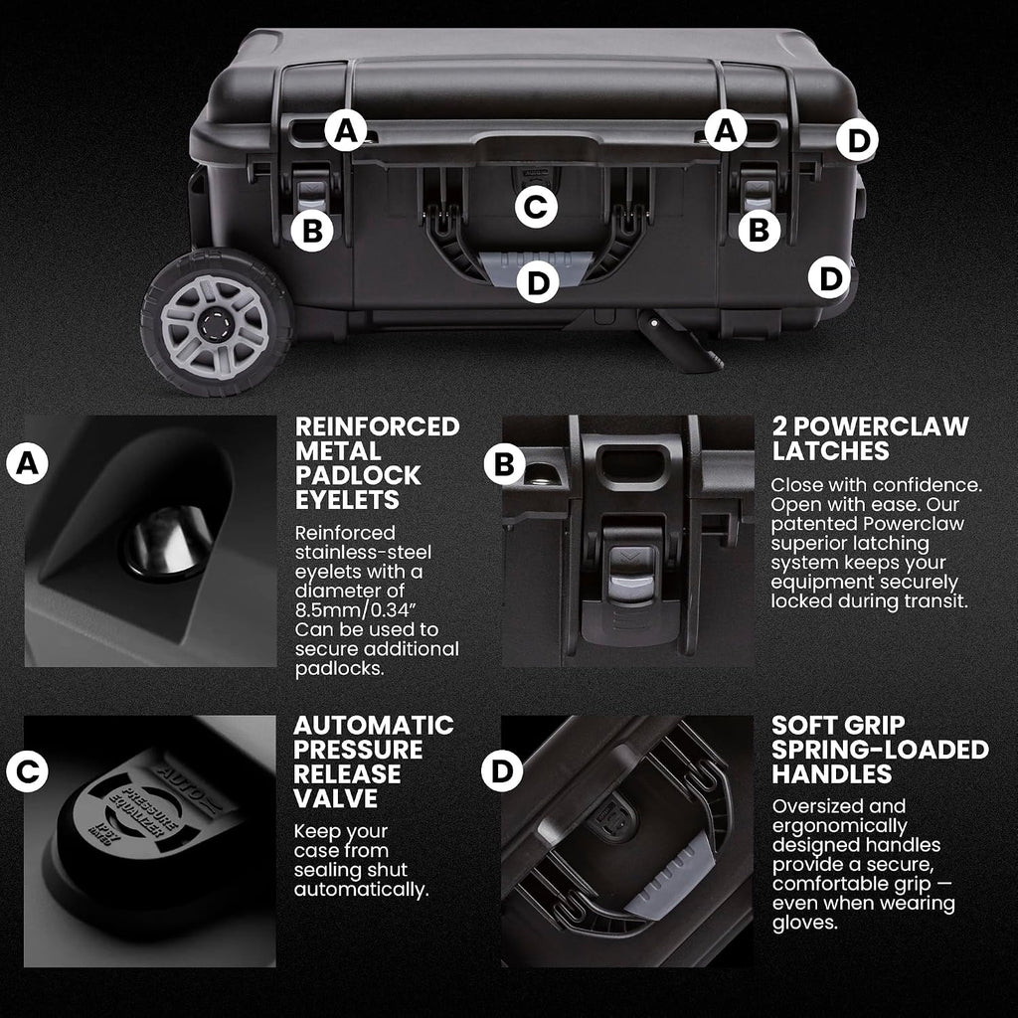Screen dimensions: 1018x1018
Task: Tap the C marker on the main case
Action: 536,207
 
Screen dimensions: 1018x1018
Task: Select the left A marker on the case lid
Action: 346,130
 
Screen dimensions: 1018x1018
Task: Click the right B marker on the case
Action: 759,231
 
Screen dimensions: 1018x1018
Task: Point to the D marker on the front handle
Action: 538,282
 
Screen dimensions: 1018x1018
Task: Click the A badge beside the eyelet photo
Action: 27,463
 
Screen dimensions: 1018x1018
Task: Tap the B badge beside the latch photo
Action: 504,464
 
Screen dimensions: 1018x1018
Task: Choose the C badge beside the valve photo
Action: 27,771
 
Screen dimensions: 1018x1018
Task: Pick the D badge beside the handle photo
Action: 502,770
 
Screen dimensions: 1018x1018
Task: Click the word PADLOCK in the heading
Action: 358,475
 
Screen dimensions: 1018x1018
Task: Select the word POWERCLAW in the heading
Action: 881,426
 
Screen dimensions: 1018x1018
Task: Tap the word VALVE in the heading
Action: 335,798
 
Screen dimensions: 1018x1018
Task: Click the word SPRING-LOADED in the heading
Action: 880,750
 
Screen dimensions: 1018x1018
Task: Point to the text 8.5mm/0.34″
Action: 355,610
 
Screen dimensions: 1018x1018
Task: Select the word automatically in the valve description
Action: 360,890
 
